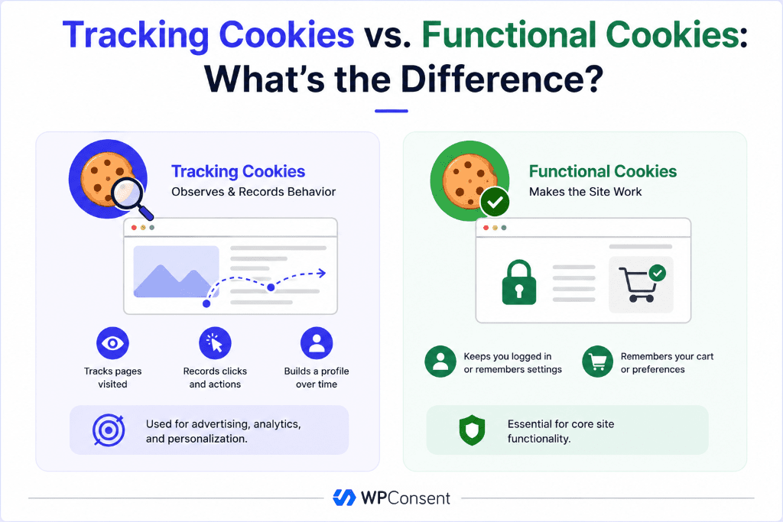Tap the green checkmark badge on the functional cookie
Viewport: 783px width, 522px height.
tap(495, 202)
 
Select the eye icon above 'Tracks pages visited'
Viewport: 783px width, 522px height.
tap(113, 343)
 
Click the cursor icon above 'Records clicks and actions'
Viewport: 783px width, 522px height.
tap(215, 343)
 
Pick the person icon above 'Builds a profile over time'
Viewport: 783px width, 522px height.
tap(317, 343)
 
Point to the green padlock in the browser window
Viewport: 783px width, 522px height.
tap(519, 283)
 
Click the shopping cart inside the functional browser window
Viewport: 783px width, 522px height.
tap(638, 284)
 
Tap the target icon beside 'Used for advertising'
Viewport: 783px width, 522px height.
tap(109, 430)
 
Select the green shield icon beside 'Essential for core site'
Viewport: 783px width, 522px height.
tap(472, 430)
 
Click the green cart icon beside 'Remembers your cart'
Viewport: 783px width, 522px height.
tap(598, 362)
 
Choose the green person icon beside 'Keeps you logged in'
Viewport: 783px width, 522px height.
tap(440, 362)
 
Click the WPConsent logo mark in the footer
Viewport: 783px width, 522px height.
tap(344, 498)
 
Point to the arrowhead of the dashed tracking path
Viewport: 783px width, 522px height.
tap(322, 273)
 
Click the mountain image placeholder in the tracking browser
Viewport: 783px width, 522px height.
tap(177, 271)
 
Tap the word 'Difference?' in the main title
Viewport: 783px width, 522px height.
tap(502, 79)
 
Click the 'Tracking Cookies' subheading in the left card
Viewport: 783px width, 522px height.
tap(239, 171)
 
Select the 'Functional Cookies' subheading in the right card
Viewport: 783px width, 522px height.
tap(603, 171)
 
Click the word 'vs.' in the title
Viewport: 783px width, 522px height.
tap(388, 35)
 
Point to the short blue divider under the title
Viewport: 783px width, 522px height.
tap(391, 111)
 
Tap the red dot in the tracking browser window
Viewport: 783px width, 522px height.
tap(134, 228)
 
